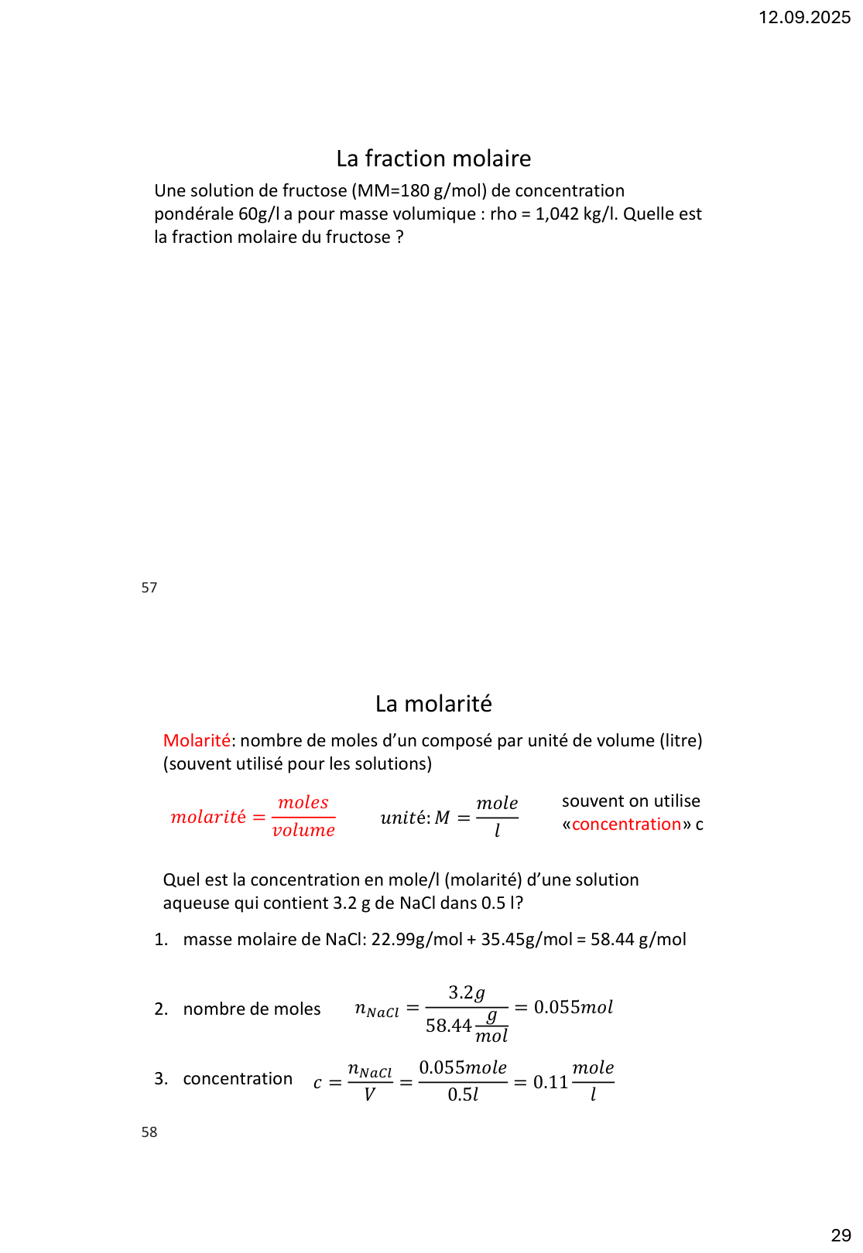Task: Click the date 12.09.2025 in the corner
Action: click(x=804, y=17)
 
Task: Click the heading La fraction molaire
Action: click(x=433, y=159)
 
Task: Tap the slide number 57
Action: click(x=149, y=588)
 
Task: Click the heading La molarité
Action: click(x=433, y=704)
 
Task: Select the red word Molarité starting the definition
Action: click(x=197, y=741)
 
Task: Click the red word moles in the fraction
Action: click(x=303, y=803)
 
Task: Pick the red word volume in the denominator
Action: click(x=303, y=831)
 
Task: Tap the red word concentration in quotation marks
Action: click(x=626, y=825)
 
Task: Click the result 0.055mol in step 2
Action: click(x=573, y=1007)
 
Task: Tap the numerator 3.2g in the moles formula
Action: click(x=467, y=992)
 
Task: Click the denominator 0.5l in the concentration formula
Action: click(x=463, y=1094)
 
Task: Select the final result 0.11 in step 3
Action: click(x=550, y=1082)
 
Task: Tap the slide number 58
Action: click(x=149, y=1132)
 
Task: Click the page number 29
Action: click(x=841, y=1235)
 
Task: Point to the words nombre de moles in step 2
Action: click(x=252, y=1009)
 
